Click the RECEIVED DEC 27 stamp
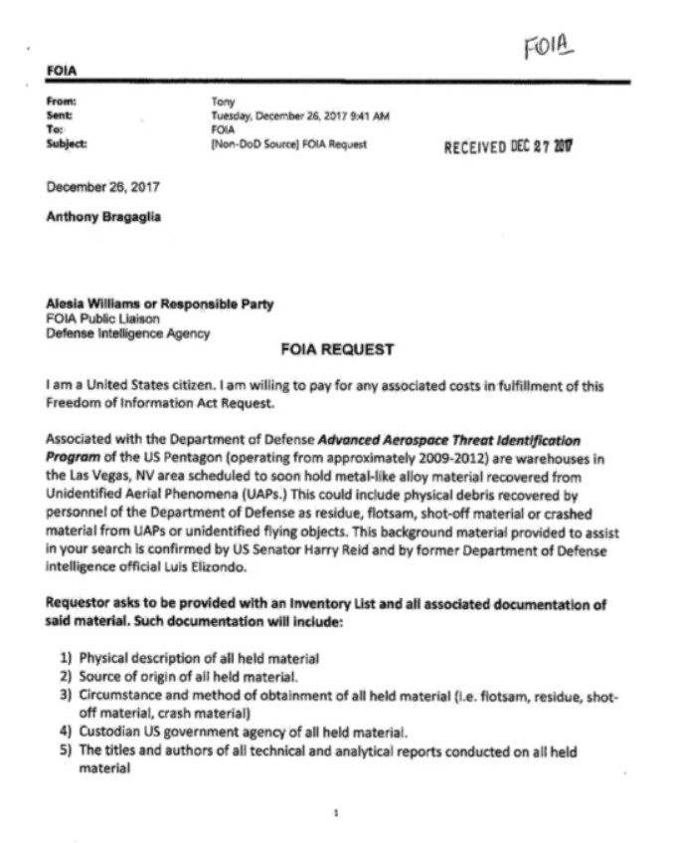511,146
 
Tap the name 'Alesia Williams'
97,304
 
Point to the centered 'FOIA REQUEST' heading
337,349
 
